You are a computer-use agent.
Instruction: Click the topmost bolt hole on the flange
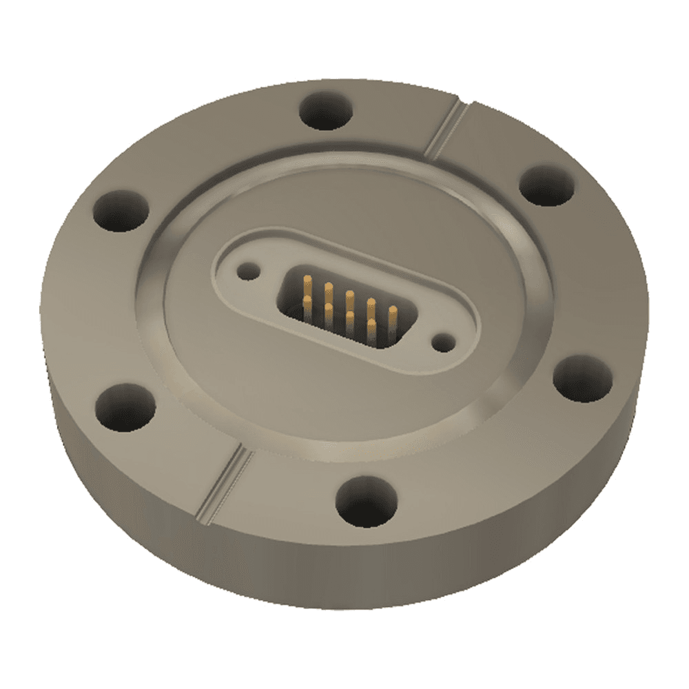(327, 110)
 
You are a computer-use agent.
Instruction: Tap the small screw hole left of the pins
(246, 271)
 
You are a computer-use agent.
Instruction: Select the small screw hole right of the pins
(441, 341)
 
